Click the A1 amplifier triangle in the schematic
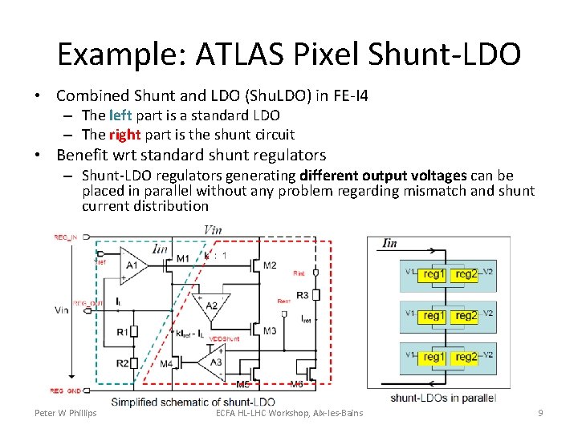click(x=133, y=265)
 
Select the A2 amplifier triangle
click(x=211, y=305)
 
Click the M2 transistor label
click(x=270, y=265)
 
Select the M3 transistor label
click(x=270, y=330)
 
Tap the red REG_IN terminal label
click(x=67, y=237)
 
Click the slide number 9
click(x=540, y=413)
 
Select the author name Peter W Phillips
click(x=65, y=413)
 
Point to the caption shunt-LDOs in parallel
click(x=442, y=398)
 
